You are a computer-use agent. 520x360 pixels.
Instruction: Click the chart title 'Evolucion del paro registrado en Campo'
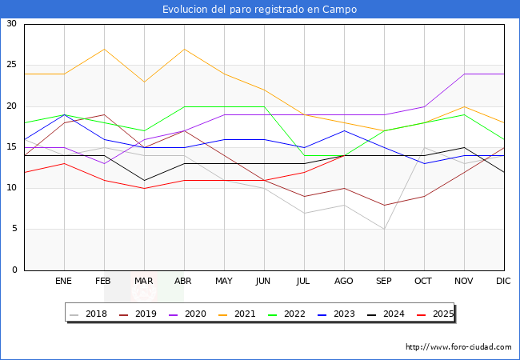click(259, 10)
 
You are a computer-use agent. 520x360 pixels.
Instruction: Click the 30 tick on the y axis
click(11, 24)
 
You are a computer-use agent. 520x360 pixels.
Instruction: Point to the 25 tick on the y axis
click(11, 65)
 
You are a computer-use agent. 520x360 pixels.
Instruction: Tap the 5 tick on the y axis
click(14, 229)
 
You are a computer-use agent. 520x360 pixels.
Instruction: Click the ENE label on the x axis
click(64, 282)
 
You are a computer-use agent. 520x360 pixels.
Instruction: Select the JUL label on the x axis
click(304, 282)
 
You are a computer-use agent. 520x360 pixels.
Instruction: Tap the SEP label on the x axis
click(384, 282)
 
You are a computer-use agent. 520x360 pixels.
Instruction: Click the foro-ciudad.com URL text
click(458, 347)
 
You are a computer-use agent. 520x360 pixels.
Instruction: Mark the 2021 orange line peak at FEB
click(104, 49)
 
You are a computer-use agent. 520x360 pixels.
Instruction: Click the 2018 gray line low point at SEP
click(384, 229)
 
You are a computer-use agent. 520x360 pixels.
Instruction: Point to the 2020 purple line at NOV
click(464, 74)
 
